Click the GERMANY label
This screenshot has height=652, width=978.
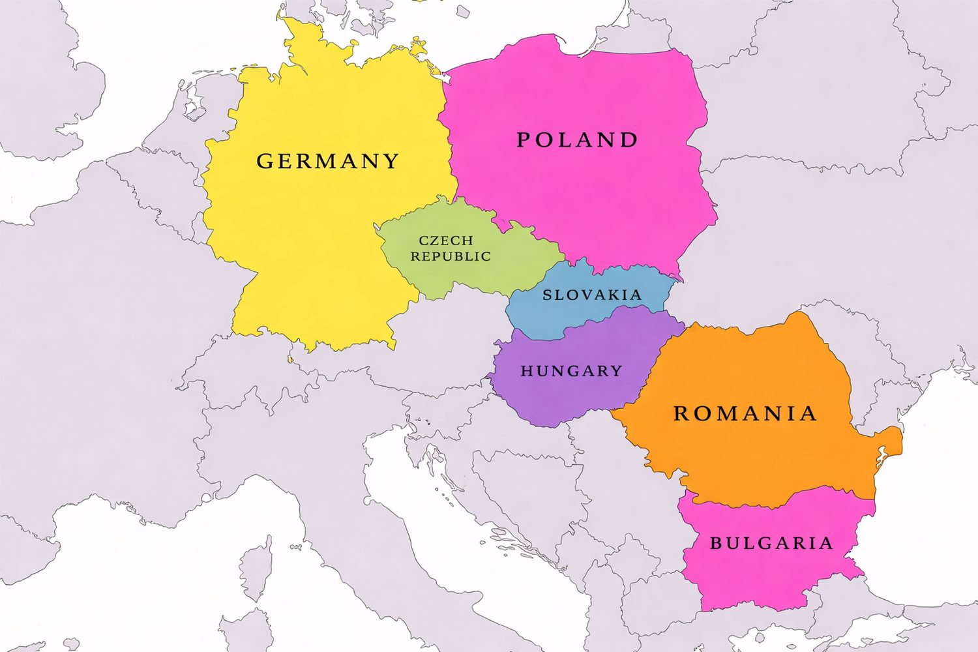click(x=327, y=161)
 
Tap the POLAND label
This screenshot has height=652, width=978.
click(x=577, y=140)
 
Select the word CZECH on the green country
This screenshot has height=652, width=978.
click(x=446, y=241)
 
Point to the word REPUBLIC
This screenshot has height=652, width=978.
click(x=451, y=257)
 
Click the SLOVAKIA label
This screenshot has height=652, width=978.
click(x=592, y=295)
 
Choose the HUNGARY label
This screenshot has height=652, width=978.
click(x=571, y=371)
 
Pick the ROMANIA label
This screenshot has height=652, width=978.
click(x=745, y=413)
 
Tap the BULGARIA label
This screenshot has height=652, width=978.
click(x=771, y=543)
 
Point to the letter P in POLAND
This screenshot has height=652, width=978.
click(x=524, y=140)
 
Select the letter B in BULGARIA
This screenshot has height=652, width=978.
click(x=716, y=543)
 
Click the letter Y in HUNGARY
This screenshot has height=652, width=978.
click(x=616, y=371)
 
